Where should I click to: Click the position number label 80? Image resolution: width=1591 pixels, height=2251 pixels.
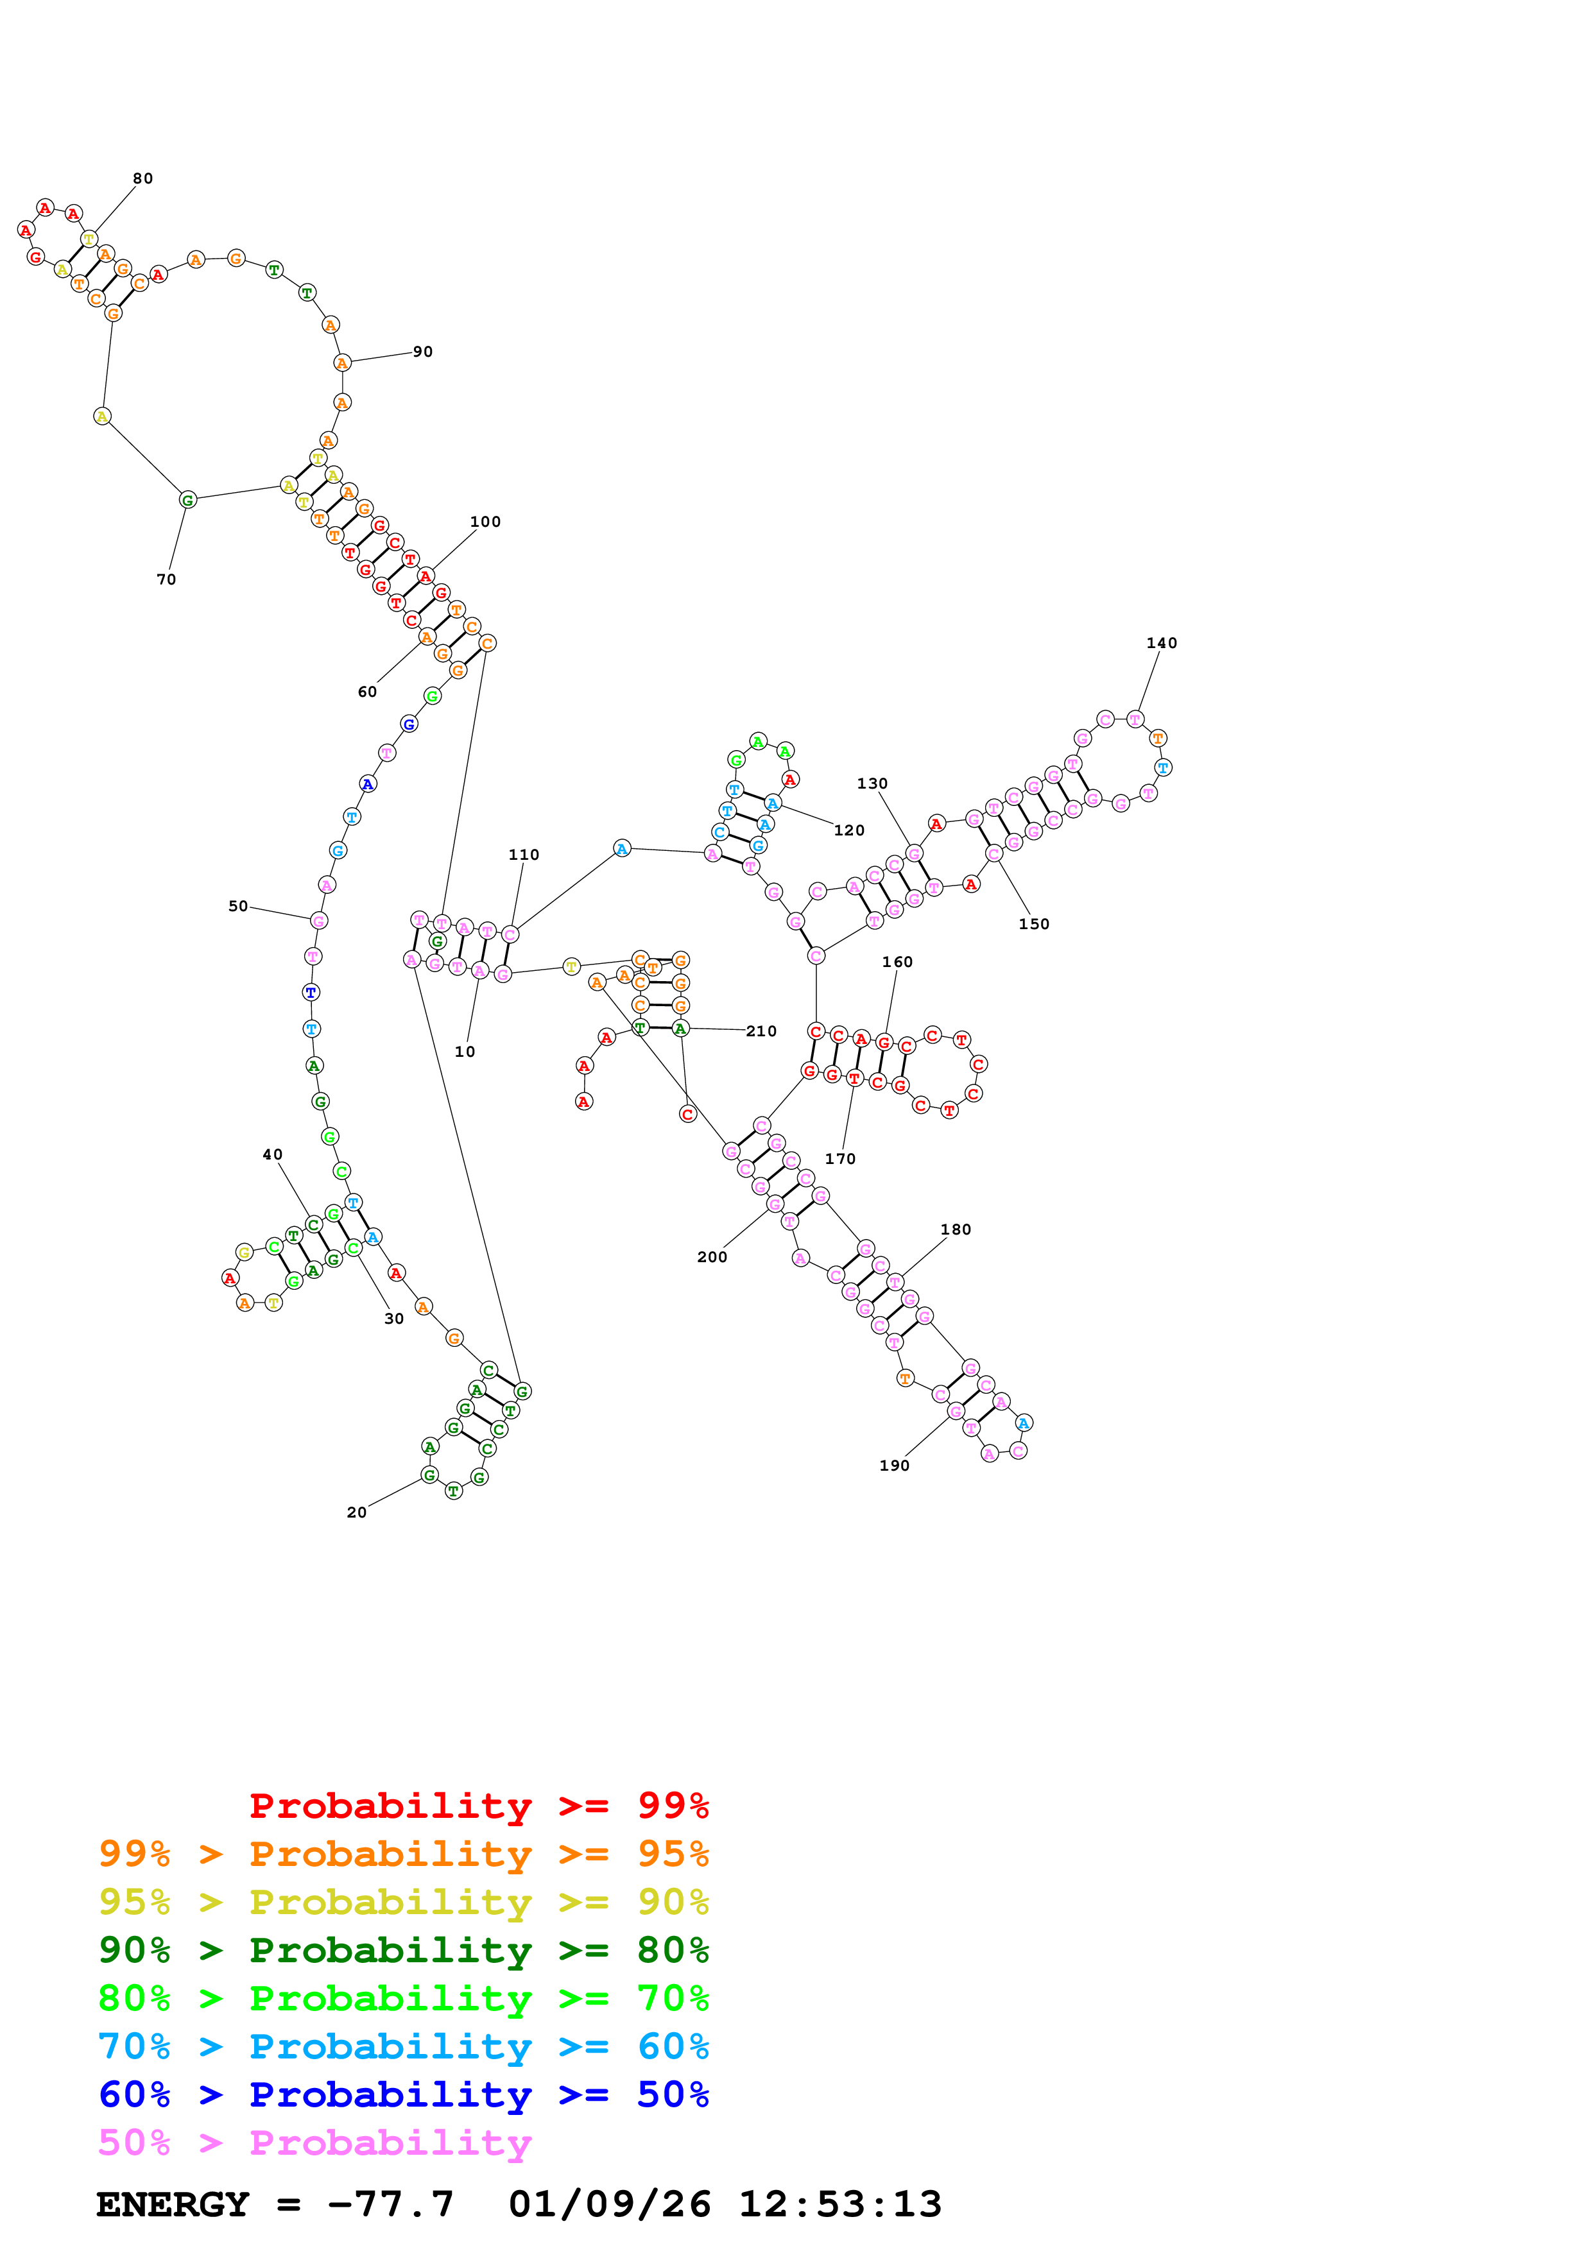point(143,178)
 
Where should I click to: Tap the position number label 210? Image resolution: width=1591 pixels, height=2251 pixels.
point(762,1031)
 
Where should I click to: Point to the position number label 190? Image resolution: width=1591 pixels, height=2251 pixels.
point(894,1466)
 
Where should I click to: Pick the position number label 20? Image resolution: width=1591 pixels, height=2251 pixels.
point(357,1513)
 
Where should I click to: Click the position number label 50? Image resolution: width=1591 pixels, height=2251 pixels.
point(238,906)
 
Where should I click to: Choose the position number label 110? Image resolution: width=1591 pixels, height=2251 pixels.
point(524,855)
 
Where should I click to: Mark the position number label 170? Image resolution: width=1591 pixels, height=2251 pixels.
point(840,1159)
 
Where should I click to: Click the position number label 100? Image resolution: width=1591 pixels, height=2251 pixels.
point(485,522)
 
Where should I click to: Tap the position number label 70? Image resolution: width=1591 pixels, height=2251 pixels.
point(167,579)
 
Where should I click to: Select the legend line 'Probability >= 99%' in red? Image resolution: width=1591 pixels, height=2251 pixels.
point(479,1806)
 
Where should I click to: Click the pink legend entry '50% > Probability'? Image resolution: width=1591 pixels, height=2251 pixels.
point(314,2143)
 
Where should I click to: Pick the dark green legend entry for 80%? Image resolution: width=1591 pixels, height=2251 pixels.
point(404,1950)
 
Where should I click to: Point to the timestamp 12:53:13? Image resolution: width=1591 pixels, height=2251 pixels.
point(840,2205)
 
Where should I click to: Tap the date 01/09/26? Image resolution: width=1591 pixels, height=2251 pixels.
point(610,2205)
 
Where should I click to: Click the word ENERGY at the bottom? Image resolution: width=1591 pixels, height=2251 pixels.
point(173,2205)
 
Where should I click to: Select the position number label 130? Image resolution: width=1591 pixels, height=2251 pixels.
point(872,783)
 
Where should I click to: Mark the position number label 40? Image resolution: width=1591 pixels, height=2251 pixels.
point(273,1155)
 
